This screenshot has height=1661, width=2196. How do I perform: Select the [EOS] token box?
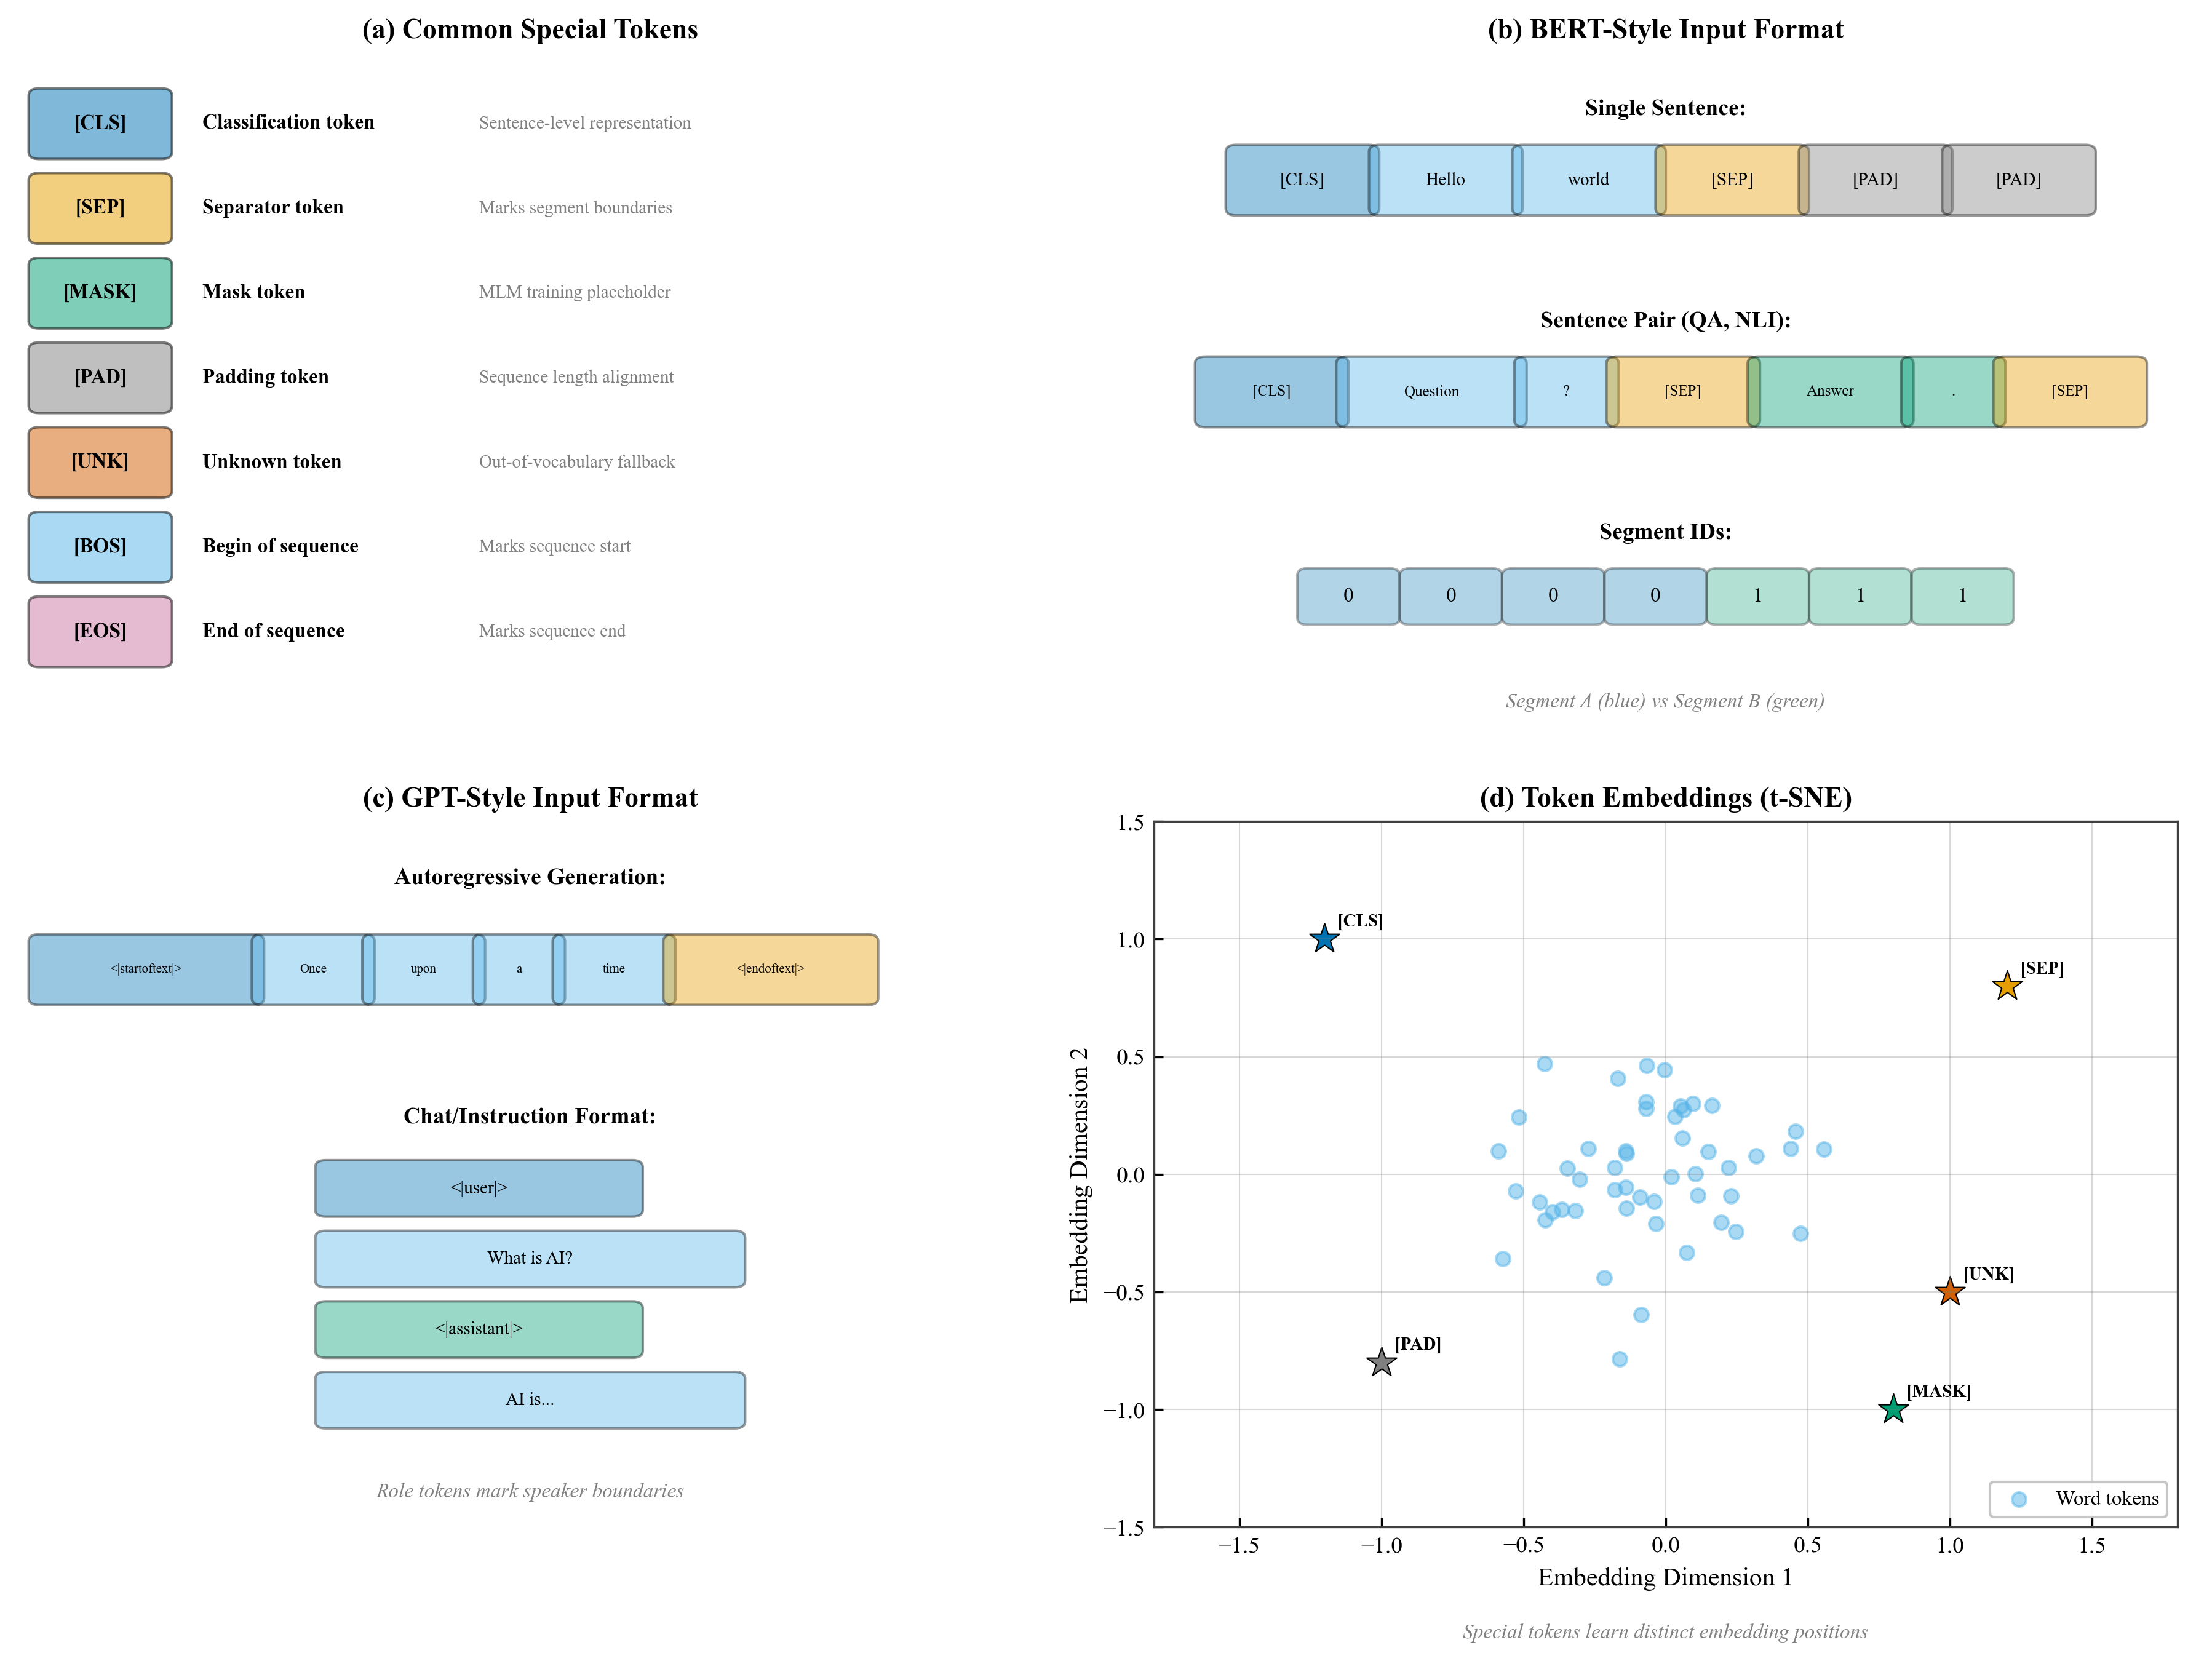pyautogui.click(x=100, y=631)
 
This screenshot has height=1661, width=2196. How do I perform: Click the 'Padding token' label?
pyautogui.click(x=265, y=377)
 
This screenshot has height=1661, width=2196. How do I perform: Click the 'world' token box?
pyautogui.click(x=1588, y=180)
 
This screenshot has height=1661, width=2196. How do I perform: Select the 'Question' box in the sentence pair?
pyautogui.click(x=1431, y=391)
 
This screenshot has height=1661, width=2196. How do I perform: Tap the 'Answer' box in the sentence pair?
pyautogui.click(x=1829, y=391)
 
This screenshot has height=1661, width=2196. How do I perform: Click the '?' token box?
pyautogui.click(x=1565, y=391)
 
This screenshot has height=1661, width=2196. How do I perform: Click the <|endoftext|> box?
pyautogui.click(x=770, y=969)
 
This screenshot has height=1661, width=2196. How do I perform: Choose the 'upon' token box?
pyautogui.click(x=423, y=969)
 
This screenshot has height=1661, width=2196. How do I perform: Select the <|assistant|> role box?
pyautogui.click(x=479, y=1328)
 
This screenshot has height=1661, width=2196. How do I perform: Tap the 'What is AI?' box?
pyautogui.click(x=529, y=1258)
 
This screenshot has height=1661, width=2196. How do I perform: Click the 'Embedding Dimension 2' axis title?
pyautogui.click(x=1079, y=1174)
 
